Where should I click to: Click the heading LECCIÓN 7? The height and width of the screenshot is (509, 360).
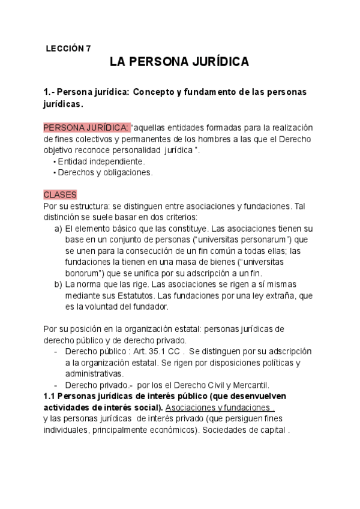68,49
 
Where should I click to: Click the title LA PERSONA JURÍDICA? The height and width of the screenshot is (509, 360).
179,62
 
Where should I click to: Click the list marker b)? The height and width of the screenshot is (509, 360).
58,285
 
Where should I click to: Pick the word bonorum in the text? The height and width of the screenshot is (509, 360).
80,273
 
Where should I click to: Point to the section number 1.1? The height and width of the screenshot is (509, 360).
52,397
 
